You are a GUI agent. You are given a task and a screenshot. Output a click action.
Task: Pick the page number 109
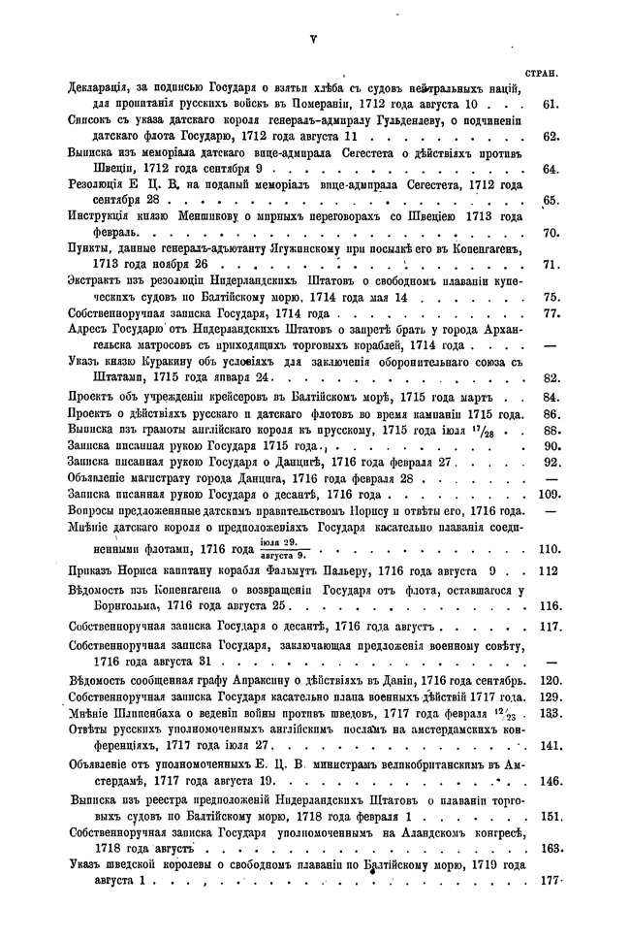(x=550, y=494)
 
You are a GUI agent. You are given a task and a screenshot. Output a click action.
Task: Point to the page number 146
(x=551, y=779)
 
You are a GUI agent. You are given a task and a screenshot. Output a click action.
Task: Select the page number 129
(x=551, y=697)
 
